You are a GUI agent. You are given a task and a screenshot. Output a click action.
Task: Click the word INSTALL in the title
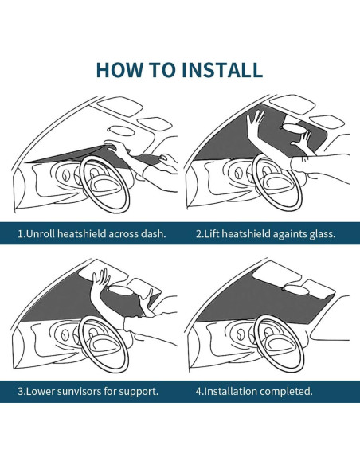pyautogui.click(x=221, y=70)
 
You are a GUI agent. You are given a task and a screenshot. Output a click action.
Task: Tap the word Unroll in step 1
pyautogui.click(x=41, y=233)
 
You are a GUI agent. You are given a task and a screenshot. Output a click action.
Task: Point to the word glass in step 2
pyautogui.click(x=321, y=234)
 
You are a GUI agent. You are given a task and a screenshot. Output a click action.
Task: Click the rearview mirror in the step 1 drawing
pyautogui.click(x=119, y=130)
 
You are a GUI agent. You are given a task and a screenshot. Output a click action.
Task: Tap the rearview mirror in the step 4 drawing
pyautogui.click(x=296, y=290)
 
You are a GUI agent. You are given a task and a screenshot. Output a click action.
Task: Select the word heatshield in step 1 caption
pyautogui.click(x=81, y=233)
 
